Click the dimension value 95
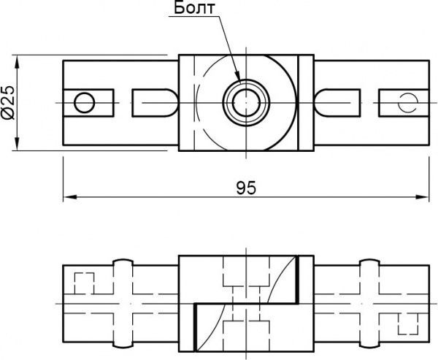click(246, 188)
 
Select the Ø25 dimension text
click(8, 102)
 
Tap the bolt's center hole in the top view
click(246, 102)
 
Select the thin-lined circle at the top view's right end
click(406, 102)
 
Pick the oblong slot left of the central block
click(153, 102)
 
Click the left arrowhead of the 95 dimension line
click(68, 196)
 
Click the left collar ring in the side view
click(123, 303)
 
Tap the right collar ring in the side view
click(369, 303)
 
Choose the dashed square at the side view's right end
click(406, 322)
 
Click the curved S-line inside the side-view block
click(246, 303)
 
